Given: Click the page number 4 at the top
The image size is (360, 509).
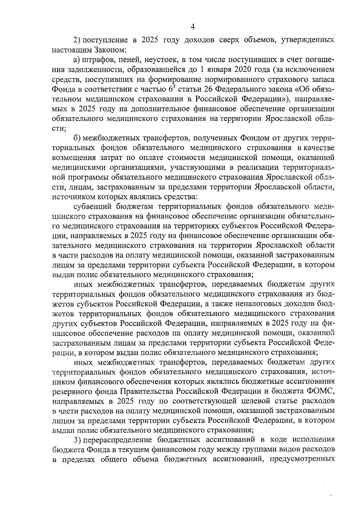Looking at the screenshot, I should tap(193, 27).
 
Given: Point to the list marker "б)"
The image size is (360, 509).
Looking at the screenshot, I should tap(78, 138).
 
